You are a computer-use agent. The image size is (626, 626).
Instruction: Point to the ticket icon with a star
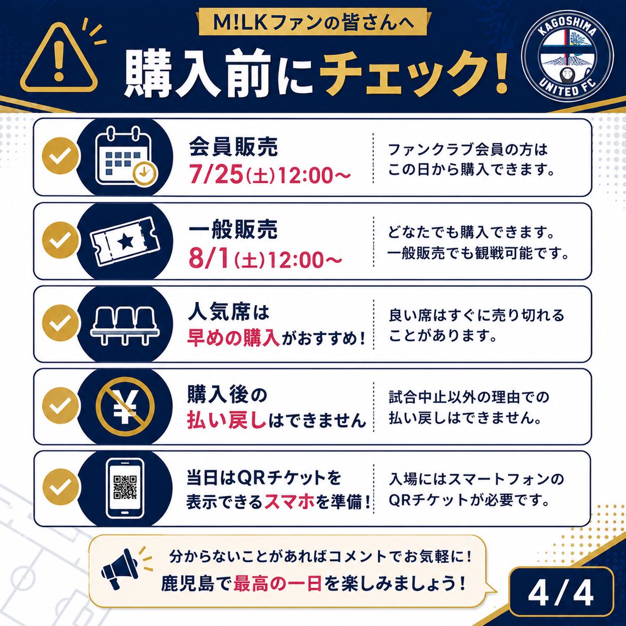tap(125, 241)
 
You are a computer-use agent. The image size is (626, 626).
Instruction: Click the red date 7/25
tap(216, 175)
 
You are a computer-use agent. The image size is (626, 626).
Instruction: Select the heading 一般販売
tap(233, 230)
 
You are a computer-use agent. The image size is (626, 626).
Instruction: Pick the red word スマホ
tap(290, 502)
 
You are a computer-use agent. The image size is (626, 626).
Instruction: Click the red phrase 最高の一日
tap(278, 583)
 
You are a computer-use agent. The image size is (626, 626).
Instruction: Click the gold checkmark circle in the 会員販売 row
tap(60, 155)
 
